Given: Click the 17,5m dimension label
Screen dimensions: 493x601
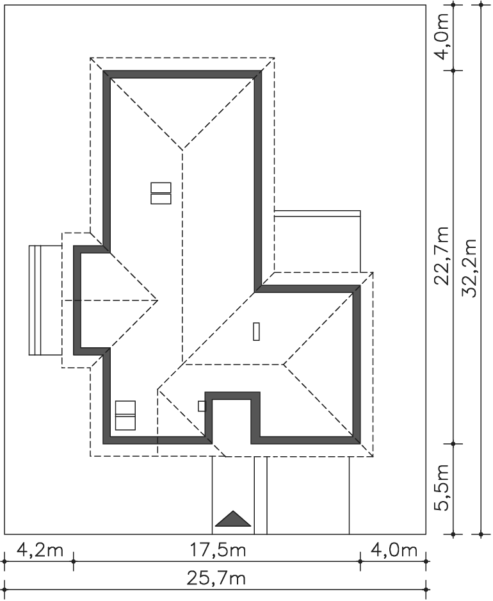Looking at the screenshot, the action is [218, 550].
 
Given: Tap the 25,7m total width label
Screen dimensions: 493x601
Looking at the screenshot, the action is [216, 579].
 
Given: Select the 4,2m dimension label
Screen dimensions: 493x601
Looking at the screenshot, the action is [40, 550].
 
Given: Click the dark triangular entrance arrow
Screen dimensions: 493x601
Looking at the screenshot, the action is [233, 519].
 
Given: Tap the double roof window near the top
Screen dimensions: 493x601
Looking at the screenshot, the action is [161, 193].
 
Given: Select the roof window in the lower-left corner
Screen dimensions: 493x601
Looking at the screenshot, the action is [125, 415].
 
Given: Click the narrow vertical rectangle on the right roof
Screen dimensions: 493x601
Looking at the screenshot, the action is [256, 331].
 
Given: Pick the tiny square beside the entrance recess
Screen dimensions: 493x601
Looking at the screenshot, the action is [202, 406].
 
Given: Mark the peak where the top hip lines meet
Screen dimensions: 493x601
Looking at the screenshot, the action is [182, 150].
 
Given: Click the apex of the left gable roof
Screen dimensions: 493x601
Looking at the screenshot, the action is [158, 300].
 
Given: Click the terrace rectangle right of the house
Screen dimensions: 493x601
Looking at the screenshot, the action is [317, 242].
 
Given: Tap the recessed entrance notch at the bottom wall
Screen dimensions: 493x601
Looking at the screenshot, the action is [232, 418].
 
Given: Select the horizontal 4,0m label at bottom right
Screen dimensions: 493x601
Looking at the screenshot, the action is [394, 550].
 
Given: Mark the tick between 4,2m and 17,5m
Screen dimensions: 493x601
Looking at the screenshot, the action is [74, 561].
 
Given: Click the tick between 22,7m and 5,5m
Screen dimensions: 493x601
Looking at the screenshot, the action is [453, 444].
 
